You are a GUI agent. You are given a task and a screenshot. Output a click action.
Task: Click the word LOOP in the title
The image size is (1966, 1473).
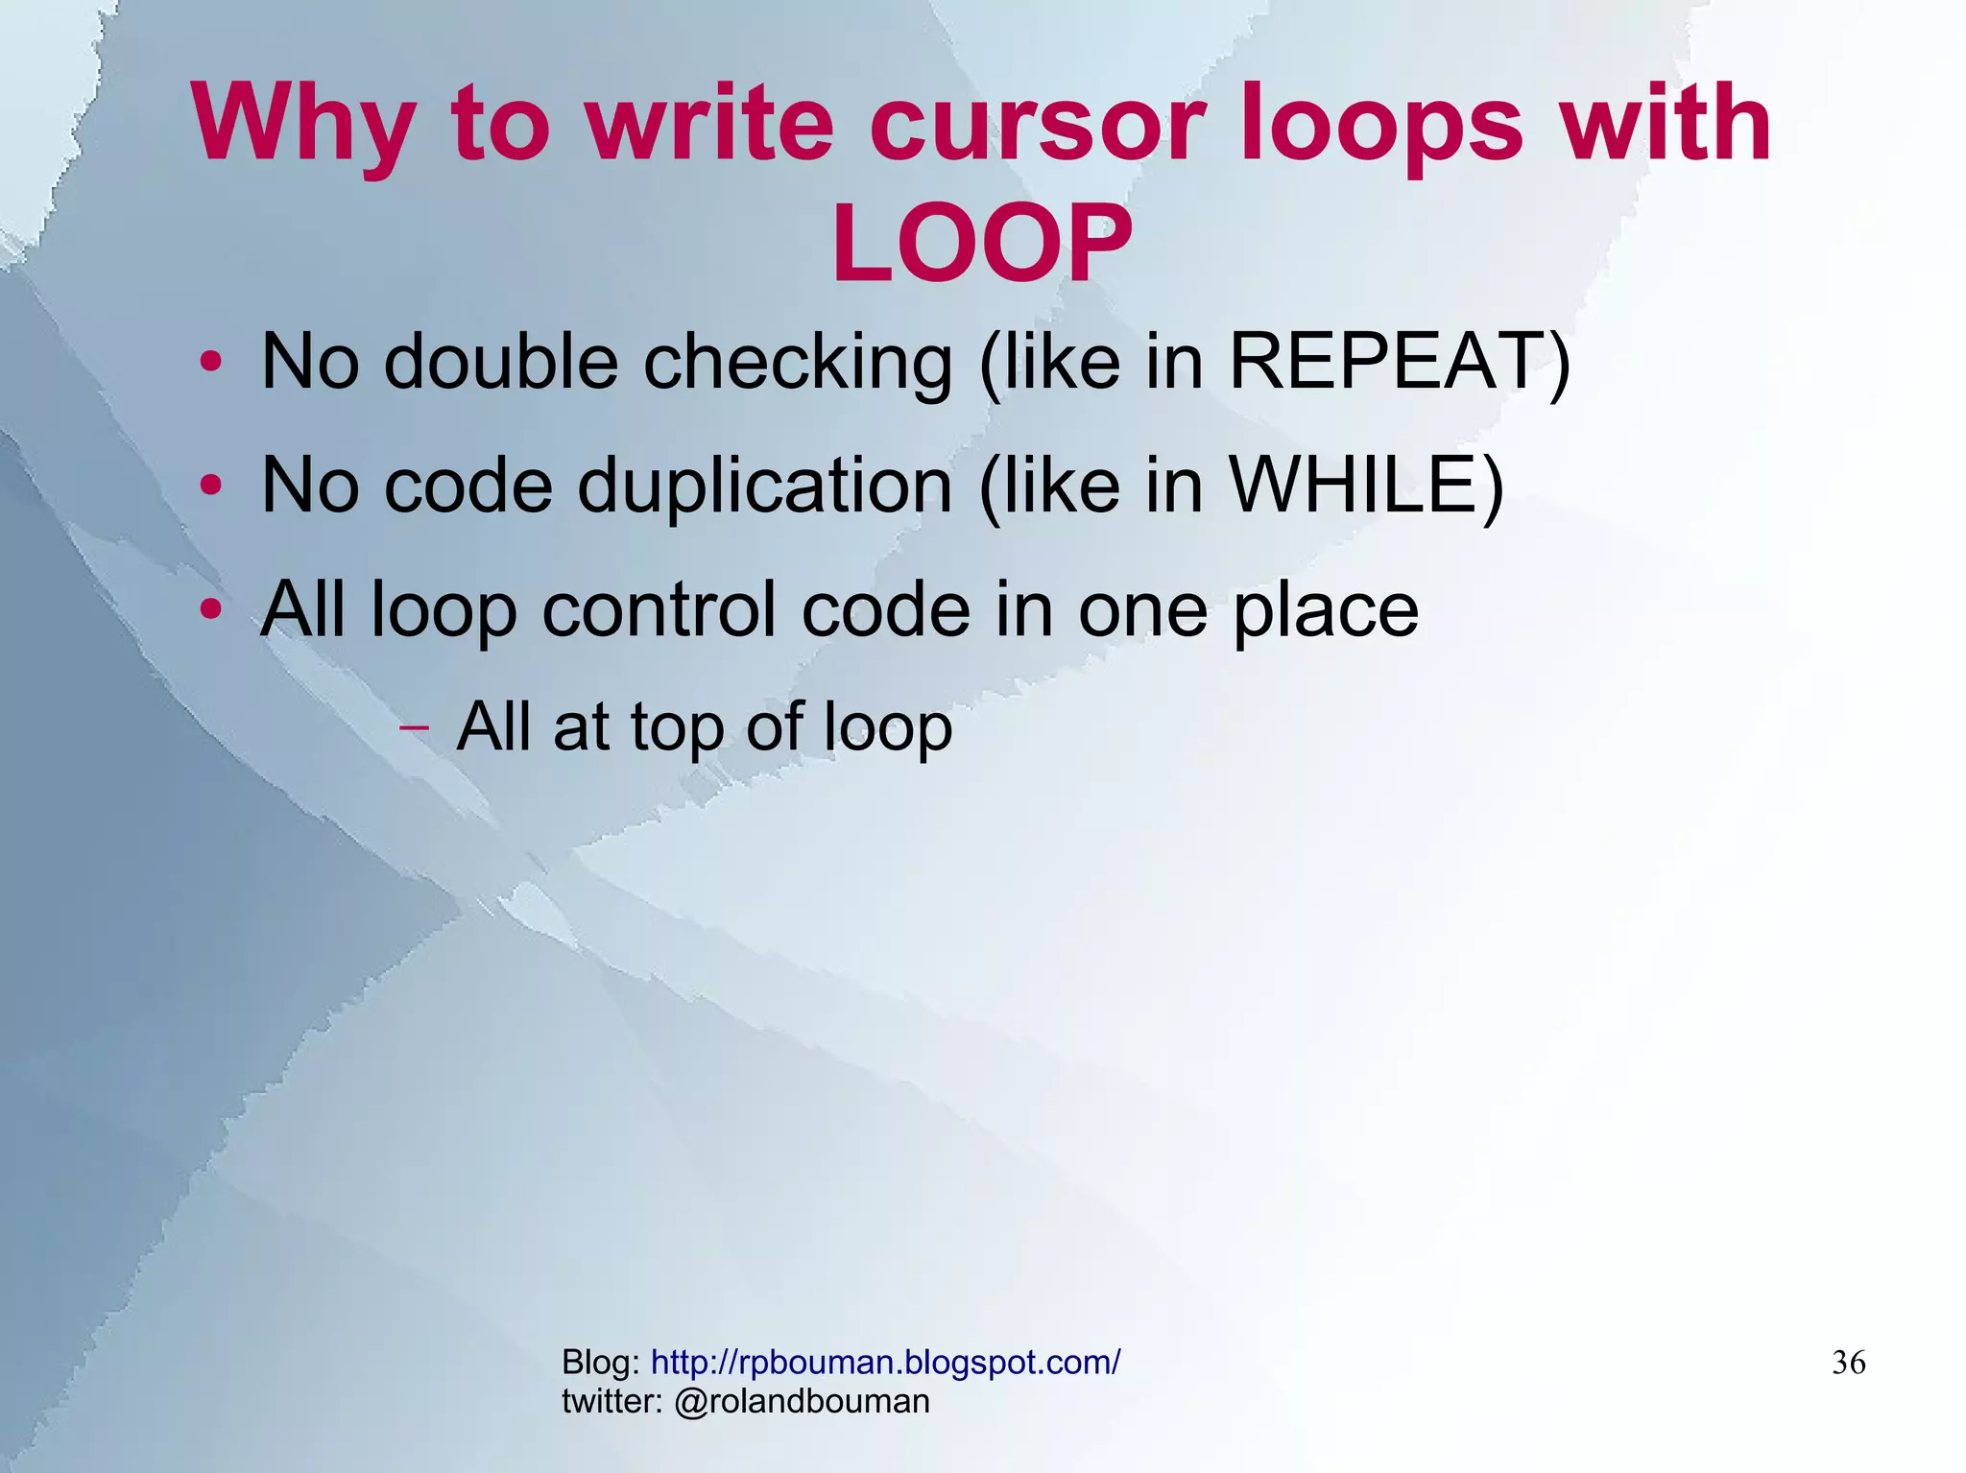coord(981,244)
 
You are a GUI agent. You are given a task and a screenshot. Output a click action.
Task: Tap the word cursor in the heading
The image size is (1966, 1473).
coord(1037,123)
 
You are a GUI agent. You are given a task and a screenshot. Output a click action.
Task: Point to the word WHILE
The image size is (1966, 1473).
coord(1354,485)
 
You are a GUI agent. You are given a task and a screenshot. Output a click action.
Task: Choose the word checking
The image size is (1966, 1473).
coord(798,363)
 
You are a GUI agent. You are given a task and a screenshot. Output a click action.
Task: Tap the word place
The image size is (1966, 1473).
coord(1325,610)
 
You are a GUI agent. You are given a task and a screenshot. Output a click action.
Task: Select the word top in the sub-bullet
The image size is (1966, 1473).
coord(676,726)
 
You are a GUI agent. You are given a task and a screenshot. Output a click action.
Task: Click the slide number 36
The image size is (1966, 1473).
coord(1848,1362)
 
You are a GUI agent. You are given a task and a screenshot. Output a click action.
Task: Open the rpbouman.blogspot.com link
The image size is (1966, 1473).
coord(885,1362)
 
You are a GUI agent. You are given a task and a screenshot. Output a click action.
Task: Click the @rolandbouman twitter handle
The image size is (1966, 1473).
coord(802,1401)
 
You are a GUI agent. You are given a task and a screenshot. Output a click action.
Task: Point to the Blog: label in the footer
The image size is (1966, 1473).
coord(601,1362)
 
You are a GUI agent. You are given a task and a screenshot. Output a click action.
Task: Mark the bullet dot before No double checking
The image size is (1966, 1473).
coord(210,363)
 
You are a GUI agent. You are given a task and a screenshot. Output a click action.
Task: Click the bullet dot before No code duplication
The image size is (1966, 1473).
coord(210,486)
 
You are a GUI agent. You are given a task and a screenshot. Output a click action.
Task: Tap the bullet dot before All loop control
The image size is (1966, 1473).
coord(210,608)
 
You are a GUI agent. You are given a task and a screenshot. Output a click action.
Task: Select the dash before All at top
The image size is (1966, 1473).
coord(414,726)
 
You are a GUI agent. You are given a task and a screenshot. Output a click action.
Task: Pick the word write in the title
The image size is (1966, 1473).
coord(710,123)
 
